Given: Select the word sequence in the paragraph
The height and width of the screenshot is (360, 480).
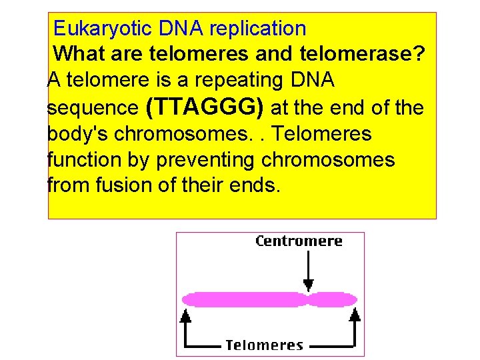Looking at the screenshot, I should click(x=93, y=108).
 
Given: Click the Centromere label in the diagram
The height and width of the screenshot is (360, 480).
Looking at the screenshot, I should click(x=299, y=241).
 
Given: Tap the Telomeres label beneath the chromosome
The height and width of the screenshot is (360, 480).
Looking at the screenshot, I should click(x=264, y=345).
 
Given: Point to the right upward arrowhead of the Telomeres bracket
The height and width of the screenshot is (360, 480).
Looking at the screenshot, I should click(x=355, y=315).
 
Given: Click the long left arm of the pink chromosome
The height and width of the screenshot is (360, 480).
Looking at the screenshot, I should click(x=243, y=299).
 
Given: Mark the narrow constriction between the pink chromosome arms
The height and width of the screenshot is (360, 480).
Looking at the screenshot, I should click(x=307, y=299).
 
